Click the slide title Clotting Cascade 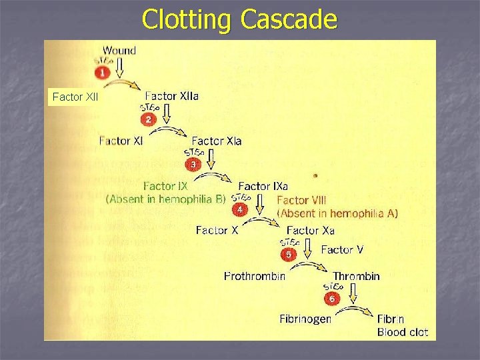coord(240,20)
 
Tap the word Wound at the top coord(119,50)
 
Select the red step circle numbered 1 coord(102,72)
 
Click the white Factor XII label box coord(75,97)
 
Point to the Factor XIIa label coord(171,95)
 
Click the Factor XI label coord(121,141)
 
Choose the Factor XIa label coord(216,141)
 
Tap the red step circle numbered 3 coord(193,164)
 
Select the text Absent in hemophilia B coord(166,198)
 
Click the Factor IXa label coord(263,186)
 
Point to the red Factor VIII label coord(301,200)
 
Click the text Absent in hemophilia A coord(337,213)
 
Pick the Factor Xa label coord(310,231)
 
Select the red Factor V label coord(342,250)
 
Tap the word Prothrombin coord(255,276)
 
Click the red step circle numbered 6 coord(331,300)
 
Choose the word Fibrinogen coord(305,319)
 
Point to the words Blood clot coord(402,332)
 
